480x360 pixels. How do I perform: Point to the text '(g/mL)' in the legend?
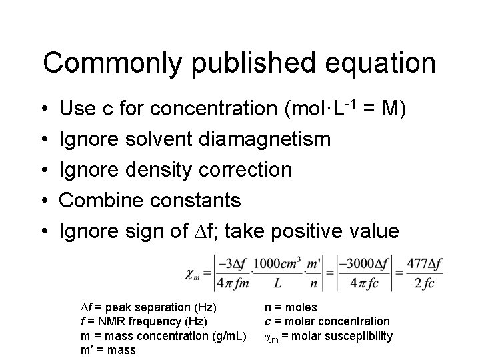point(229,335)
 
